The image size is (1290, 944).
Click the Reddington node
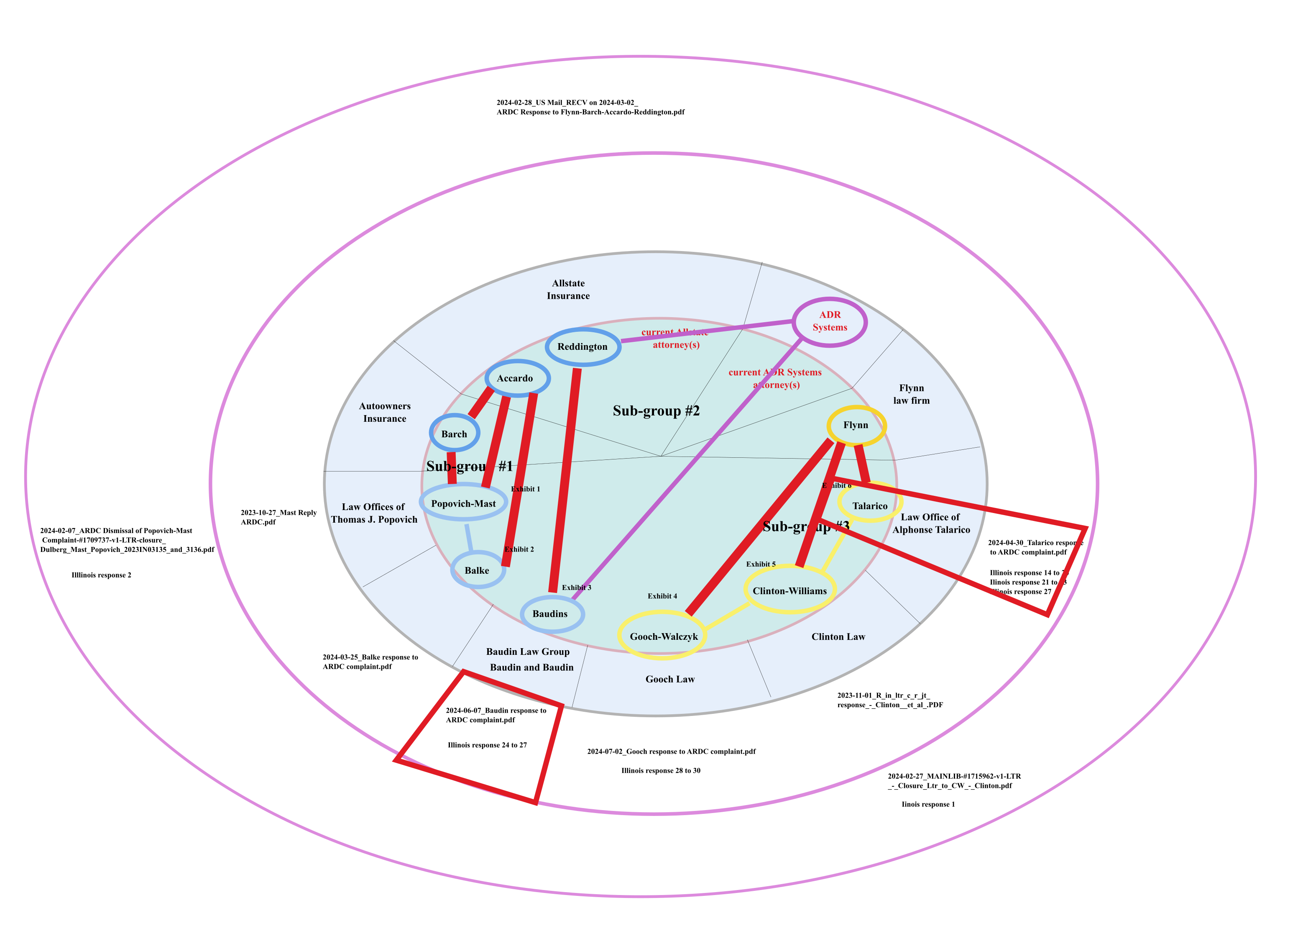coord(582,347)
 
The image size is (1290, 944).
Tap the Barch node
coord(454,434)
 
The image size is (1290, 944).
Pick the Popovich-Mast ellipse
coord(463,503)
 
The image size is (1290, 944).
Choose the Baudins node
coord(550,614)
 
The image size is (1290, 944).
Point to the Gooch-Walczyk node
coord(664,636)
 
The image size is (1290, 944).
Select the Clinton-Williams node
coord(790,591)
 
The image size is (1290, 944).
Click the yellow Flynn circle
coord(856,425)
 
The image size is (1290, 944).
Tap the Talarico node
coord(870,506)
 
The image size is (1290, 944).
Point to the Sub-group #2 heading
coord(656,411)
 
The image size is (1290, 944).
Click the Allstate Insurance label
coord(568,290)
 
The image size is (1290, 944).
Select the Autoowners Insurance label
coord(385,412)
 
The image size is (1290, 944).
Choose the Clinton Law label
coord(838,636)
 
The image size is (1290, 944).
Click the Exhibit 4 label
coord(662,596)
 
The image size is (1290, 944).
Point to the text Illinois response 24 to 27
coord(487,745)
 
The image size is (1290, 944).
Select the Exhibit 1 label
coord(525,489)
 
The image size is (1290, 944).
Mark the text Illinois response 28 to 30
coord(661,771)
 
